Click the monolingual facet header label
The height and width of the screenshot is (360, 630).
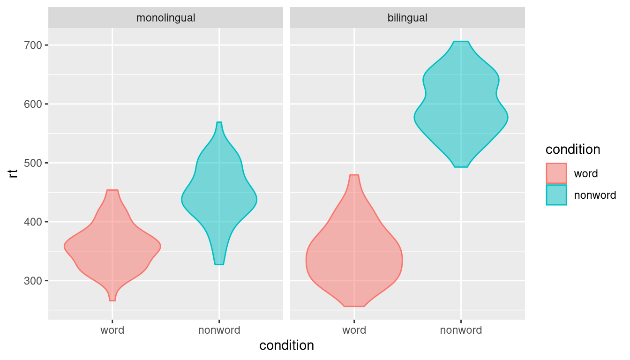pyautogui.click(x=165, y=18)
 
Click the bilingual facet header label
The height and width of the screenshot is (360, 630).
pyautogui.click(x=407, y=18)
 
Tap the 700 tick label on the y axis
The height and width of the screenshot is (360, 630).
pyautogui.click(x=33, y=45)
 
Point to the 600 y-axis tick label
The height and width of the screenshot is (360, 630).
pyautogui.click(x=33, y=104)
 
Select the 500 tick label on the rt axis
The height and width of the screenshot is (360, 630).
pyautogui.click(x=33, y=163)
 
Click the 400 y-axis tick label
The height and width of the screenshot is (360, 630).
pyautogui.click(x=33, y=222)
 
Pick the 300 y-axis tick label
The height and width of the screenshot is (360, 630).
pyautogui.click(x=33, y=281)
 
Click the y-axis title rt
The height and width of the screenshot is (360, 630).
pyautogui.click(x=14, y=174)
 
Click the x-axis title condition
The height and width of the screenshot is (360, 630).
pyautogui.click(x=286, y=346)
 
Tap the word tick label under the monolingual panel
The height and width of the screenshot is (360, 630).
pyautogui.click(x=112, y=330)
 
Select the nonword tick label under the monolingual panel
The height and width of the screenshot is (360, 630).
pyautogui.click(x=219, y=330)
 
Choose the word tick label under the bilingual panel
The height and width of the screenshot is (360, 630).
pyautogui.click(x=354, y=330)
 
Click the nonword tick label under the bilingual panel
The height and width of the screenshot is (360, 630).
pyautogui.click(x=461, y=330)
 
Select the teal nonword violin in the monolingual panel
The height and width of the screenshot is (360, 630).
pyautogui.click(x=219, y=202)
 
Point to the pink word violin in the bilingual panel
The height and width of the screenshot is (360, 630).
pyautogui.click(x=354, y=258)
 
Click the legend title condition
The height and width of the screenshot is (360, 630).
pyautogui.click(x=573, y=150)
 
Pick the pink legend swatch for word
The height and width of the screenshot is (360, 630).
pyautogui.click(x=556, y=173)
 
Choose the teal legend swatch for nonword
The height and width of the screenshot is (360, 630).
pyautogui.click(x=556, y=195)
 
